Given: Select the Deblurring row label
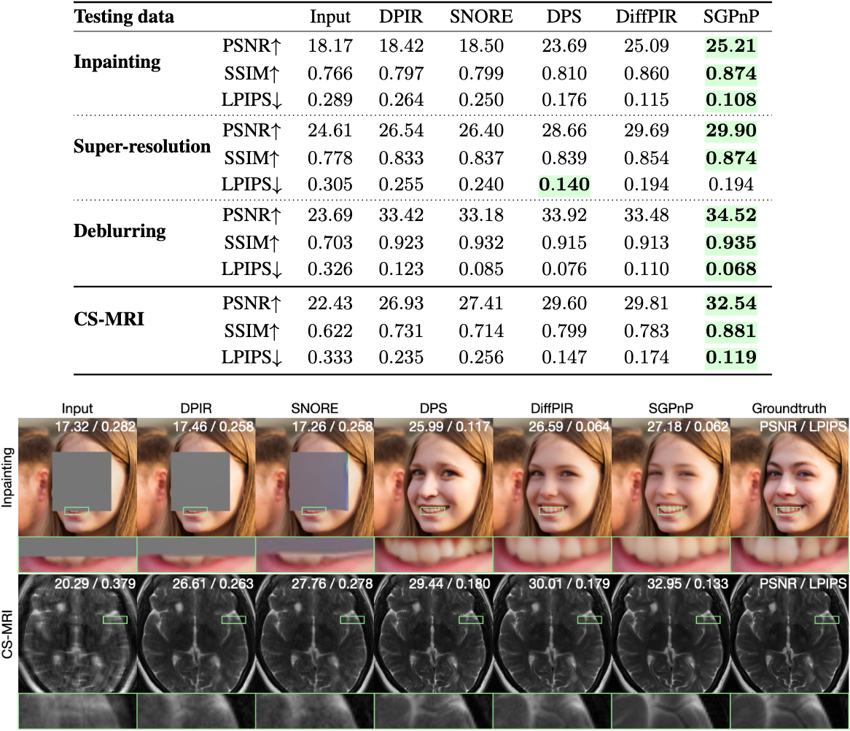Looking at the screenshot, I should [x=120, y=232].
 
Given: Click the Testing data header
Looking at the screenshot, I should [x=124, y=17].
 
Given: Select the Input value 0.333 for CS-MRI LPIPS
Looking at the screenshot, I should [x=331, y=357].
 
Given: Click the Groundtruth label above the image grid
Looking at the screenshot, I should [x=789, y=409].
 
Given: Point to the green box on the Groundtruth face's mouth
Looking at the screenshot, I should [x=789, y=511].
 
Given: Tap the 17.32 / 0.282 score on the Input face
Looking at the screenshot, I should [x=94, y=425].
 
